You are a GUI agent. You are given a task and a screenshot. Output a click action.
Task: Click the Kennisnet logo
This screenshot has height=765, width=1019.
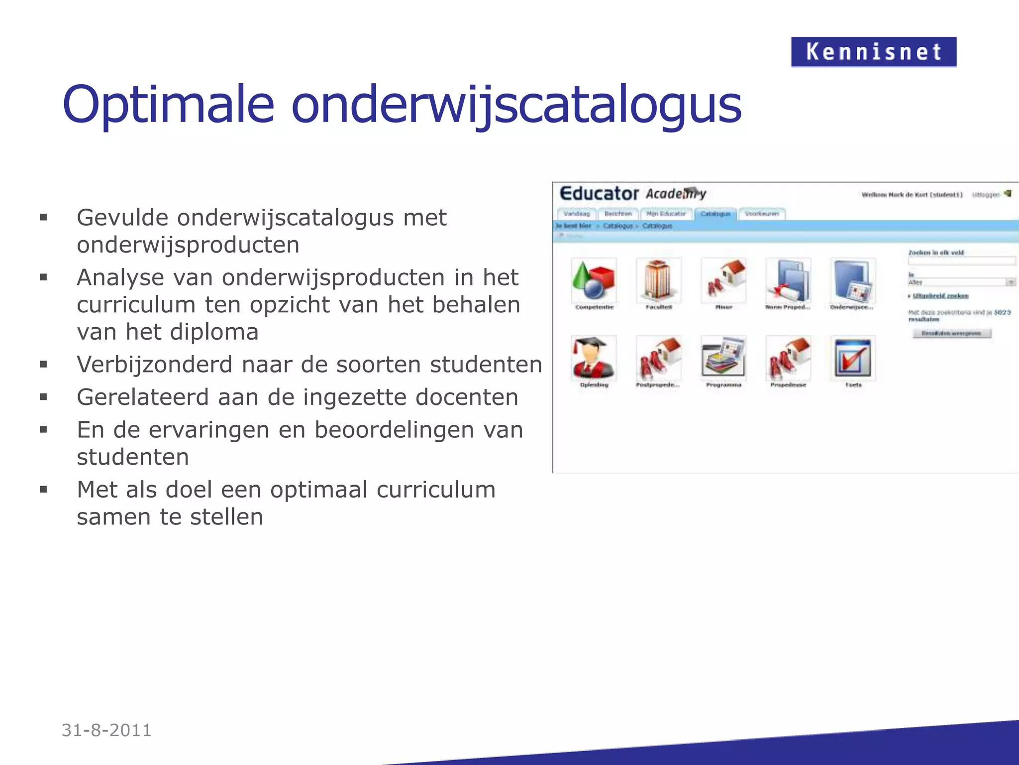click(873, 52)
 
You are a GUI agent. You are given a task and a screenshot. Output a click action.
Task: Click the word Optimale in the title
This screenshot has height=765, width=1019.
click(168, 105)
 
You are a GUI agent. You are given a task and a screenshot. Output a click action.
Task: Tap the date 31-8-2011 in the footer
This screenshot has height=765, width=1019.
click(106, 730)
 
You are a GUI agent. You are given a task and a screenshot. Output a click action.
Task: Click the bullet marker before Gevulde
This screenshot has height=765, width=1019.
click(44, 218)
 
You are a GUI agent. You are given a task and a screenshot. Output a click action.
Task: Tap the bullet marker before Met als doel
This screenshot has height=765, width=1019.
click(44, 490)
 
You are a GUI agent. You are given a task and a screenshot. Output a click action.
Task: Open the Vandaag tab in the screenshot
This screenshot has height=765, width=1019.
click(577, 214)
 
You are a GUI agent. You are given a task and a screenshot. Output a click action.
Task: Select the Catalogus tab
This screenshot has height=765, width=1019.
click(715, 214)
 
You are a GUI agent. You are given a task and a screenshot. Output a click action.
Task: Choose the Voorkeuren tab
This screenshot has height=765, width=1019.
click(762, 214)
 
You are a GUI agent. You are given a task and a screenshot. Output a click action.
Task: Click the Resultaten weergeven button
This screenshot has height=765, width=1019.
click(951, 333)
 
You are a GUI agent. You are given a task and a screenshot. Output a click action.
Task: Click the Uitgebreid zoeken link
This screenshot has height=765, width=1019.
click(940, 296)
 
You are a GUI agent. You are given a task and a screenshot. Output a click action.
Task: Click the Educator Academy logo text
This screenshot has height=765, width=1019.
click(632, 194)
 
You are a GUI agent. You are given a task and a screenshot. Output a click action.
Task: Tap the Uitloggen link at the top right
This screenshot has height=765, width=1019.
click(986, 195)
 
